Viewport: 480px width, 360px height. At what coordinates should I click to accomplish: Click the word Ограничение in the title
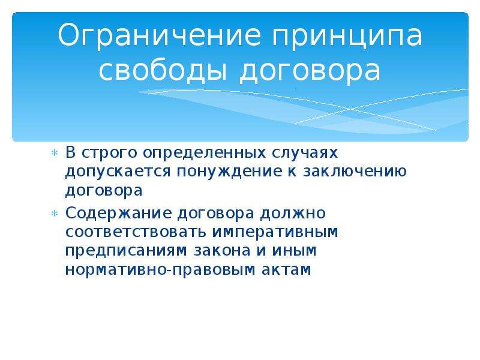click(160, 35)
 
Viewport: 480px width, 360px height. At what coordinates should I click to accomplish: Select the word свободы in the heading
click(163, 70)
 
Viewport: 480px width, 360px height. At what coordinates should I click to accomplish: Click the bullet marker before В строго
click(55, 153)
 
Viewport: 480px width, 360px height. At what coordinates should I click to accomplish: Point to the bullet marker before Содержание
click(55, 214)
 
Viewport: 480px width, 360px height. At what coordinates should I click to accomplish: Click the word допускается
click(118, 172)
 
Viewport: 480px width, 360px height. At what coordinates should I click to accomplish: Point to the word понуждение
click(229, 172)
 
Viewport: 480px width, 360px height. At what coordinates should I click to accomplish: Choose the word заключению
click(355, 172)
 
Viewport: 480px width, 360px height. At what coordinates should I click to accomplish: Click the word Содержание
click(118, 214)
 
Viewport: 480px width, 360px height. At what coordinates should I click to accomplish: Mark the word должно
click(293, 214)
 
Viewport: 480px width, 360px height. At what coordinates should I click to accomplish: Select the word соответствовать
click(136, 232)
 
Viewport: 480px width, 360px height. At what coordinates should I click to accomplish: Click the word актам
click(286, 269)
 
